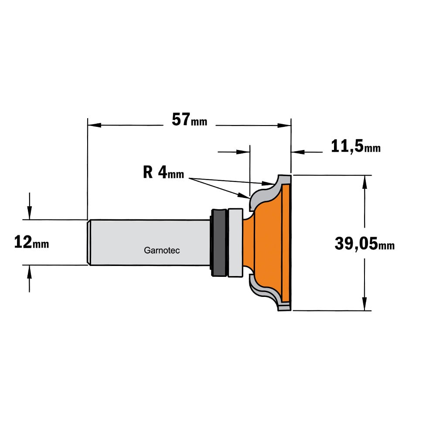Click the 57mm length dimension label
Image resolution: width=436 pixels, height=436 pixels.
[x=189, y=119]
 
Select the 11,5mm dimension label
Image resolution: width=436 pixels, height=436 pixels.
[x=356, y=146]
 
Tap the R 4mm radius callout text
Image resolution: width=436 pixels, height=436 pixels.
[x=163, y=172]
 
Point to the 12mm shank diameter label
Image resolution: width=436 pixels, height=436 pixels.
[x=31, y=242]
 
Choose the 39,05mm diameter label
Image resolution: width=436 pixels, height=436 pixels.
[x=364, y=244]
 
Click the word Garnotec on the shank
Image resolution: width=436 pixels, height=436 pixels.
[x=162, y=250]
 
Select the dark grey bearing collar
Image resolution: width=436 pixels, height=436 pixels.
[x=218, y=242]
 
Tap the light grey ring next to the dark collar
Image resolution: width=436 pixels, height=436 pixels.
[x=235, y=242]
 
